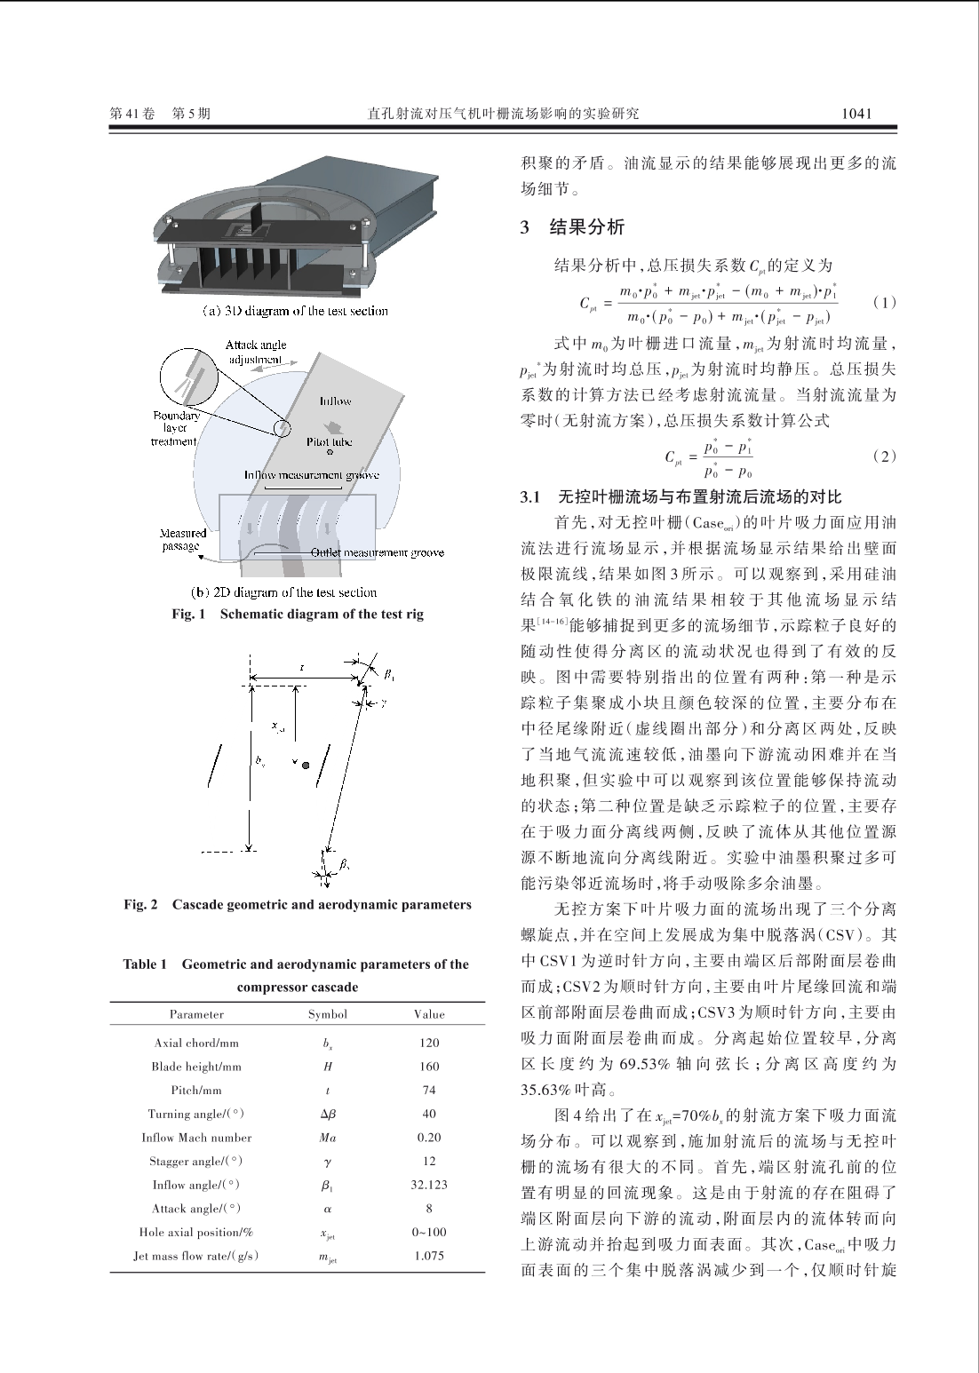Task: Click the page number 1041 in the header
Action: [856, 114]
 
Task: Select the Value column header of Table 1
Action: [429, 1014]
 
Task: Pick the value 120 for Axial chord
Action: [429, 1044]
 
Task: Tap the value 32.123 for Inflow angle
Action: [429, 1185]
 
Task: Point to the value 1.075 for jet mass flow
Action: [429, 1256]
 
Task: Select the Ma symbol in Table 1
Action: [328, 1138]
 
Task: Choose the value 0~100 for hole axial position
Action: [429, 1232]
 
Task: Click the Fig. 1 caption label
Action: [188, 615]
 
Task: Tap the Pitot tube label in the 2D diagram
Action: [330, 441]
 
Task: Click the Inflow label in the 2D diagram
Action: [336, 401]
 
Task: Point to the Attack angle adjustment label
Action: [255, 352]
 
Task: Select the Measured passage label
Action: [182, 540]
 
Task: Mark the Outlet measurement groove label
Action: [378, 553]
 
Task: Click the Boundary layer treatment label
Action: [176, 428]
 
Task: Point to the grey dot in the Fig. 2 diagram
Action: [306, 765]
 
